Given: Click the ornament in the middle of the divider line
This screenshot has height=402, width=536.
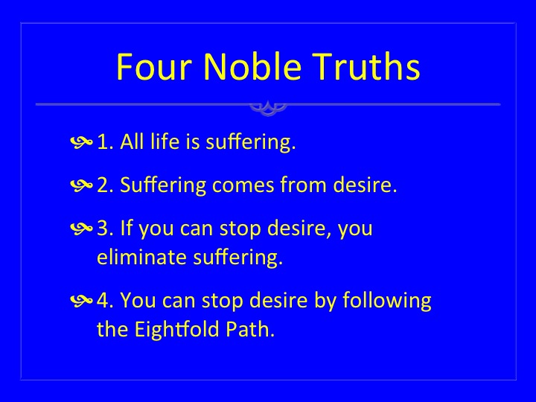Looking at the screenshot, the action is pyautogui.click(x=268, y=108).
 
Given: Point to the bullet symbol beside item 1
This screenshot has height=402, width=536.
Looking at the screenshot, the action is pyautogui.click(x=81, y=142).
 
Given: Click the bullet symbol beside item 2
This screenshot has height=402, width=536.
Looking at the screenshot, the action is pyautogui.click(x=81, y=185).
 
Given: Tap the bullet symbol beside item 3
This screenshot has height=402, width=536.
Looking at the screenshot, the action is pyautogui.click(x=81, y=229).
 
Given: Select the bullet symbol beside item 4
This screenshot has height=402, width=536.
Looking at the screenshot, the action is pyautogui.click(x=81, y=301).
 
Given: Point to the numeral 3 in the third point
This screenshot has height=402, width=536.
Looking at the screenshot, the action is pyautogui.click(x=103, y=229).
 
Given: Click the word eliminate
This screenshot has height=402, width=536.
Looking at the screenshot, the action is pyautogui.click(x=142, y=257).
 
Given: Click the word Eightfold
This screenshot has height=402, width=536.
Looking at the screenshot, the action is pyautogui.click(x=176, y=330).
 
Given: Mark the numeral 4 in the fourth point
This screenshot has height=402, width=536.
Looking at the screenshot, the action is pyautogui.click(x=103, y=301).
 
